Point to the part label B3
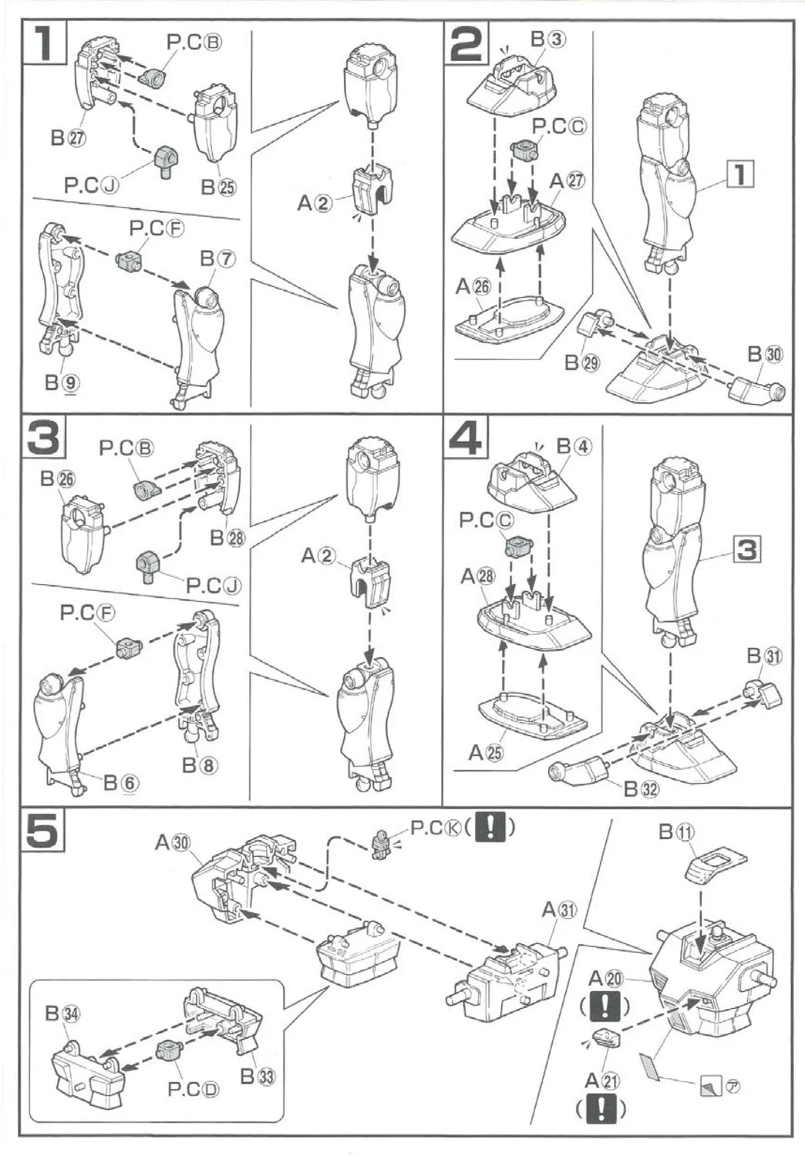[x=548, y=39]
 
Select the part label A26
[x=473, y=286]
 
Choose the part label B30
[x=765, y=354]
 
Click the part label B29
[x=581, y=362]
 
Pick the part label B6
[x=121, y=783]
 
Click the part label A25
[x=486, y=752]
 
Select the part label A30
[x=172, y=843]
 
